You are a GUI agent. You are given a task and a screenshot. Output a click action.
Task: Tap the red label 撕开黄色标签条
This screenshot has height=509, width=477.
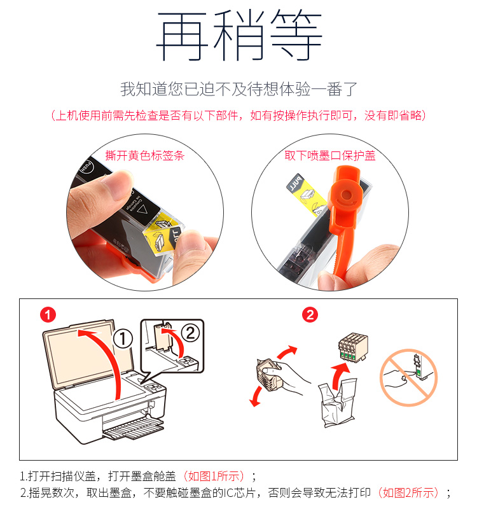click(145, 155)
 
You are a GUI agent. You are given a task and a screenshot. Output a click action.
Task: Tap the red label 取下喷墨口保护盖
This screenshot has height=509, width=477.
click(330, 155)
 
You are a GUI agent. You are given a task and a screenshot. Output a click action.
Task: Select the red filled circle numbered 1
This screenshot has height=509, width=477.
click(48, 315)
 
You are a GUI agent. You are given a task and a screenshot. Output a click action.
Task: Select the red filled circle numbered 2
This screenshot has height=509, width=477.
click(310, 315)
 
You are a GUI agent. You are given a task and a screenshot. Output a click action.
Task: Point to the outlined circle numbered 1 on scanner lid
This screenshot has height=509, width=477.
click(123, 339)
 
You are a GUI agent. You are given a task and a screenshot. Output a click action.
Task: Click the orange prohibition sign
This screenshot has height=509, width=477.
click(409, 377)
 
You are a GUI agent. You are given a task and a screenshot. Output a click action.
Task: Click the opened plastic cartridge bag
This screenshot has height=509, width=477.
click(338, 403)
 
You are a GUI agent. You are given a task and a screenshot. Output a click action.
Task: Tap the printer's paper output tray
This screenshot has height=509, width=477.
click(133, 429)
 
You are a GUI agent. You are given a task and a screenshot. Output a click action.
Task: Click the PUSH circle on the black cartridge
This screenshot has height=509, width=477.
click(87, 167)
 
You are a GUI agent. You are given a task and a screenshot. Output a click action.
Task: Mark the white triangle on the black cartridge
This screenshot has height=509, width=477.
click(142, 210)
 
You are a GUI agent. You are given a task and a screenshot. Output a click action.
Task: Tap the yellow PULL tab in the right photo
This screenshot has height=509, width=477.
click(306, 194)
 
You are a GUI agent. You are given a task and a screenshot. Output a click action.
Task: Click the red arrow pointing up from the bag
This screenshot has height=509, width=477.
click(340, 376)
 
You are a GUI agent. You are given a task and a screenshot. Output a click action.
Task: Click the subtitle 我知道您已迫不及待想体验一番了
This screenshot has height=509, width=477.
click(239, 89)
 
